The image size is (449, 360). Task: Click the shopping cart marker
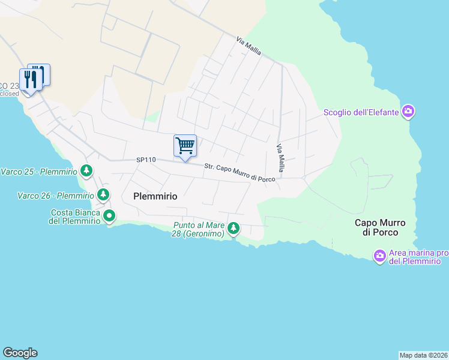185,145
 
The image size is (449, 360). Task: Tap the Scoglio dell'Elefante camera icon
409,111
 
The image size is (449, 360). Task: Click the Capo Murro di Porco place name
376,227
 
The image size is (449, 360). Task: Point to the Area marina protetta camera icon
379,256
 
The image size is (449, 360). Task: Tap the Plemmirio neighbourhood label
155,196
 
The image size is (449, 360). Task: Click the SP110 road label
146,160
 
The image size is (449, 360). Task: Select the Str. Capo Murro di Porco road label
240,173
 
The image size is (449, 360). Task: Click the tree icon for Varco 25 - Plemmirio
87,171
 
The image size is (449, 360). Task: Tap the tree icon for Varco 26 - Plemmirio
103,194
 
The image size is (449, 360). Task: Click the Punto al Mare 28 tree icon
234,229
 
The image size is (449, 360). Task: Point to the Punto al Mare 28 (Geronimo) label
198,229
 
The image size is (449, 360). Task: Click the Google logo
20,353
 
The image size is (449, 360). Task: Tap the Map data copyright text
423,355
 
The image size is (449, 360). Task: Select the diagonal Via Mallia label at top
249,46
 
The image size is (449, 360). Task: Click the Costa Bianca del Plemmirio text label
75,216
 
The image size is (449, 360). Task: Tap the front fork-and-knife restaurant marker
30,79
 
